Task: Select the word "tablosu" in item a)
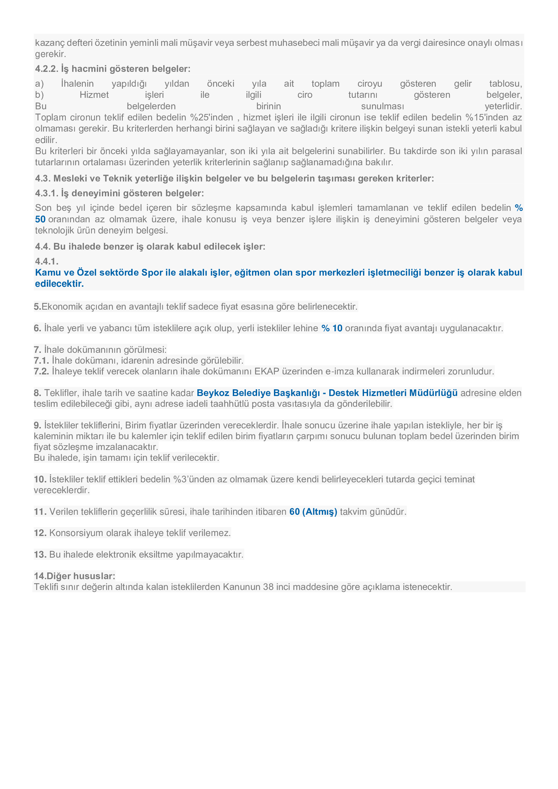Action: pos(505,84)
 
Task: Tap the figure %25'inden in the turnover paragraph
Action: pos(211,117)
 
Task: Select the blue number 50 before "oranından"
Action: pos(40,219)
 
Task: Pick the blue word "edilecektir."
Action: pos(59,284)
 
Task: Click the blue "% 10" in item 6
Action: pos(332,328)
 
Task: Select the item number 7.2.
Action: pos(41,371)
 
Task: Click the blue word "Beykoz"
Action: pos(213,393)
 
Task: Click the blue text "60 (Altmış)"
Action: pos(313,512)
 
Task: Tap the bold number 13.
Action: pos(40,555)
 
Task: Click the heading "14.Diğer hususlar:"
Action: pos(74,576)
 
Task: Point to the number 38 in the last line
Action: pos(268,587)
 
